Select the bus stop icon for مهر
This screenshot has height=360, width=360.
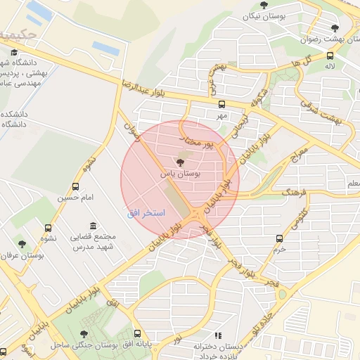point(222,104)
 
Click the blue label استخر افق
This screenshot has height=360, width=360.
point(146,212)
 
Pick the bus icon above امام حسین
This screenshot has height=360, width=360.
point(75,186)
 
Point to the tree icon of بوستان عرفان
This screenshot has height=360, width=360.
point(22,244)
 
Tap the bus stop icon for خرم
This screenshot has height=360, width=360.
point(280,238)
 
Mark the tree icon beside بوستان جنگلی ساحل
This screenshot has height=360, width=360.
point(84,334)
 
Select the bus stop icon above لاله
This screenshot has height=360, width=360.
point(330,53)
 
